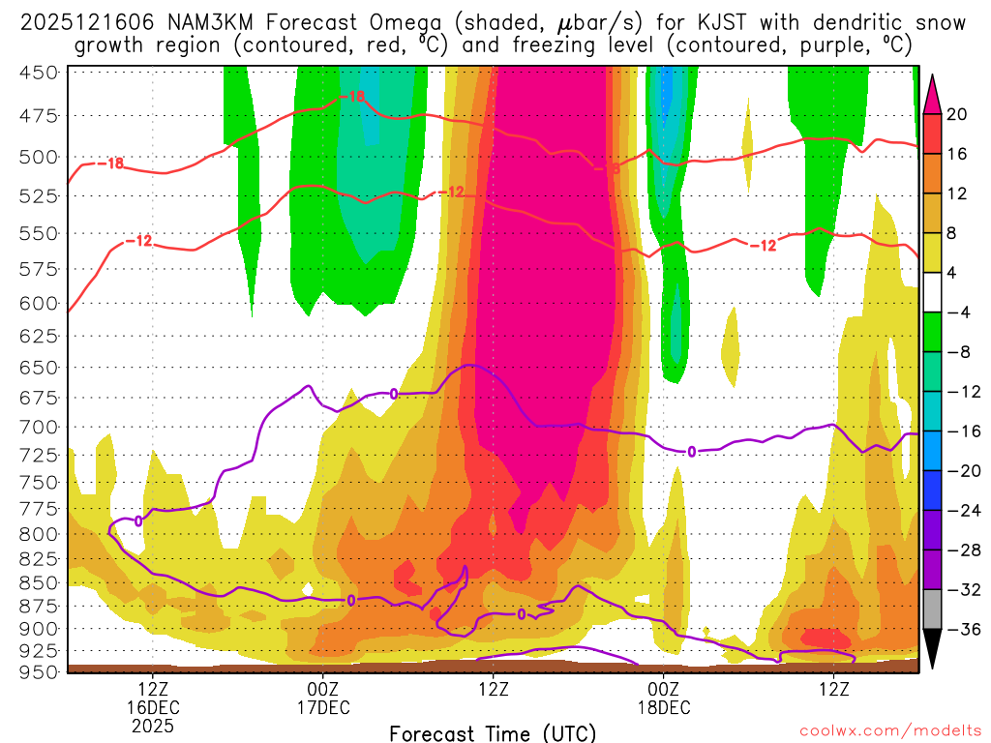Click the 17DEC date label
click(x=322, y=707)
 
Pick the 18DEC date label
click(x=663, y=707)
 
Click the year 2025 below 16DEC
click(x=153, y=725)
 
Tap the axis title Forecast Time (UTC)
click(x=493, y=732)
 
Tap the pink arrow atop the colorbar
click(x=933, y=91)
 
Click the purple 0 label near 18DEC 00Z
click(x=691, y=452)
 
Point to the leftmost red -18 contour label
click(x=114, y=163)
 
